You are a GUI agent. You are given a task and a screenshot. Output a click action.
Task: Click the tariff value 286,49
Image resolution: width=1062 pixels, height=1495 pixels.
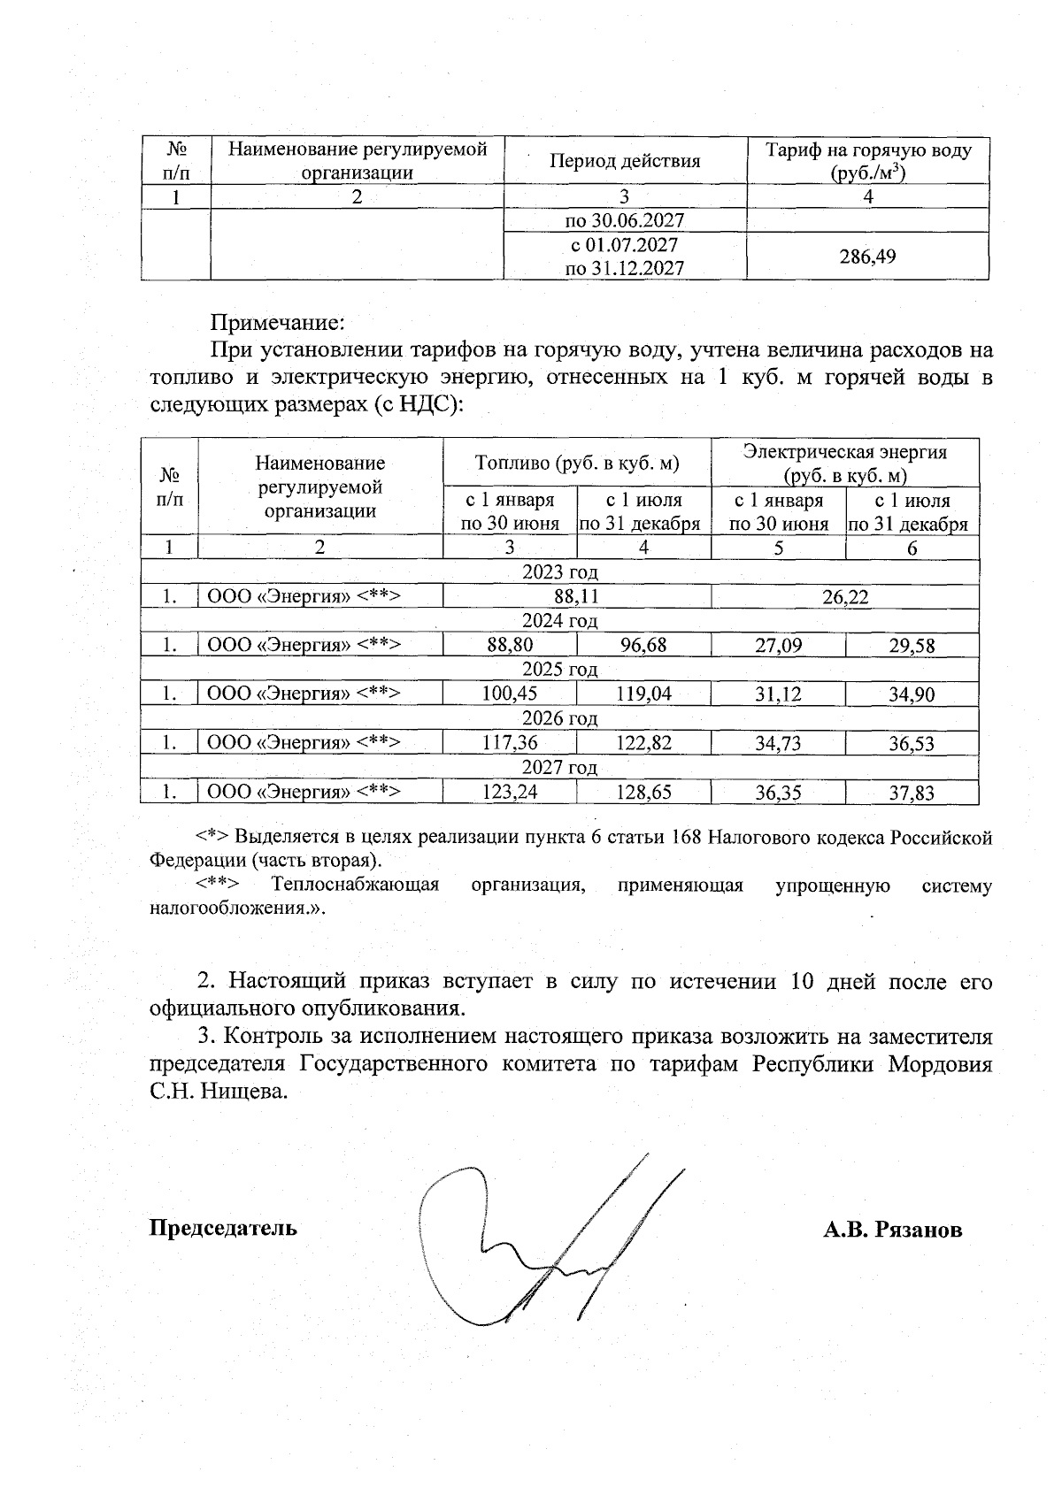(867, 257)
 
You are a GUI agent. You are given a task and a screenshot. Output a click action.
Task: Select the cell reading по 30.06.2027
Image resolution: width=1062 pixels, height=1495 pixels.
(624, 220)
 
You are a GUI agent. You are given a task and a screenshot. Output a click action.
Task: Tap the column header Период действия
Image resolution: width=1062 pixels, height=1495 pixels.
(624, 161)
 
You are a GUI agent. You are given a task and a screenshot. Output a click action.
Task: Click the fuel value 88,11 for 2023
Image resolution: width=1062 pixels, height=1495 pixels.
(576, 597)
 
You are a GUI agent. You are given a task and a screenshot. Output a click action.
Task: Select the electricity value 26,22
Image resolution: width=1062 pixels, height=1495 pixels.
(844, 597)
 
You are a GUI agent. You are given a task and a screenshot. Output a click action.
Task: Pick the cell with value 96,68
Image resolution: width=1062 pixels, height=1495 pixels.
(643, 646)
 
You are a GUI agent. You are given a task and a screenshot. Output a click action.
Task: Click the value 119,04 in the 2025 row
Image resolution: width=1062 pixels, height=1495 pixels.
(643, 694)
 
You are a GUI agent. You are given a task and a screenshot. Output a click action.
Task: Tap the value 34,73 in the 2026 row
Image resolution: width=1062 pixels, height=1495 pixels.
(778, 743)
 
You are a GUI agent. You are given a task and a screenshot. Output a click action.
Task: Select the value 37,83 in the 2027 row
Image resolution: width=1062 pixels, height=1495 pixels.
(912, 793)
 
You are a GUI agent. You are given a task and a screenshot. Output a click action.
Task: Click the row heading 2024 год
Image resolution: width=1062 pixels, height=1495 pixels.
(559, 621)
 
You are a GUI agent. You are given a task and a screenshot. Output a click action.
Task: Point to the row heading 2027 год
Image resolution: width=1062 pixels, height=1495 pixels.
(559, 767)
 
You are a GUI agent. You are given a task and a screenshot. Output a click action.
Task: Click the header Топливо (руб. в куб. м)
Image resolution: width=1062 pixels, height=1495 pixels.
(576, 462)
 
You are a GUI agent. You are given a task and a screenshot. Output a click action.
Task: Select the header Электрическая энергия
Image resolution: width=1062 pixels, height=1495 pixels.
(844, 452)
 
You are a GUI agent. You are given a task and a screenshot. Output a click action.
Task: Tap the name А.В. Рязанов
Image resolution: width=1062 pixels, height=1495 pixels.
(892, 1230)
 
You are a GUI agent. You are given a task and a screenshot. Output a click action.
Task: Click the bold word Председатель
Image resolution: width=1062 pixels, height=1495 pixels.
(223, 1228)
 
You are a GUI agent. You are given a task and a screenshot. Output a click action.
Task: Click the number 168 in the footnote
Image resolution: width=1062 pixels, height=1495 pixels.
(689, 837)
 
